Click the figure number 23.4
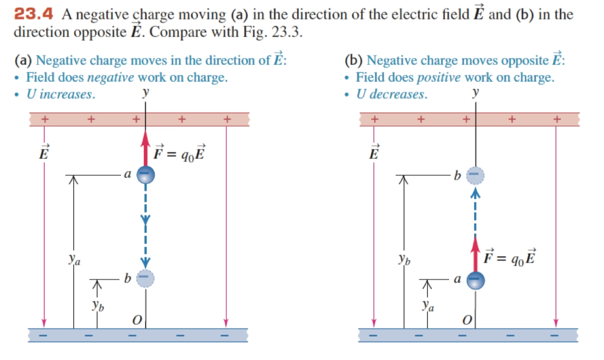pos(34,14)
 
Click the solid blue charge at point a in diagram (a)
pos(145,175)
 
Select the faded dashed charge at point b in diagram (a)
pos(145,278)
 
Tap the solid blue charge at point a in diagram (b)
pos(475,280)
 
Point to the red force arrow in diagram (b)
pos(475,253)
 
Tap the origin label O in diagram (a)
pos(137,320)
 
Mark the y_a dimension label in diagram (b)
pos(428,307)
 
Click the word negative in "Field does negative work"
pos(111,78)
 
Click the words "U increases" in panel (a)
pos(61,94)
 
